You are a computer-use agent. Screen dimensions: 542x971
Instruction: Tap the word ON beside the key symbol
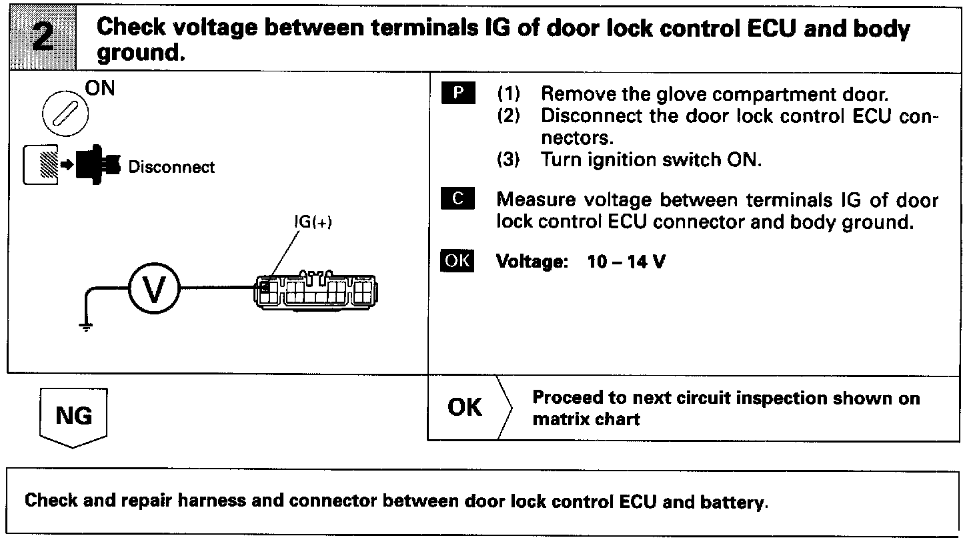99,89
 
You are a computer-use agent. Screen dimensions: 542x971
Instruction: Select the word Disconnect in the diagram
171,167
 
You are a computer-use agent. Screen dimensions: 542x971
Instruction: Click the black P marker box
457,93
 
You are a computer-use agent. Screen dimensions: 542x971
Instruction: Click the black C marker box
457,199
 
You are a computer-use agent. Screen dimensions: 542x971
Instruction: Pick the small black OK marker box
457,261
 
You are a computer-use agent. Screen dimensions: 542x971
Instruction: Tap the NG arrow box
73,417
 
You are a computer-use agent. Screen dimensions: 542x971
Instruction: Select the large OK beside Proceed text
465,407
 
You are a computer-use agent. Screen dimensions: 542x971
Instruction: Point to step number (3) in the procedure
510,160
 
